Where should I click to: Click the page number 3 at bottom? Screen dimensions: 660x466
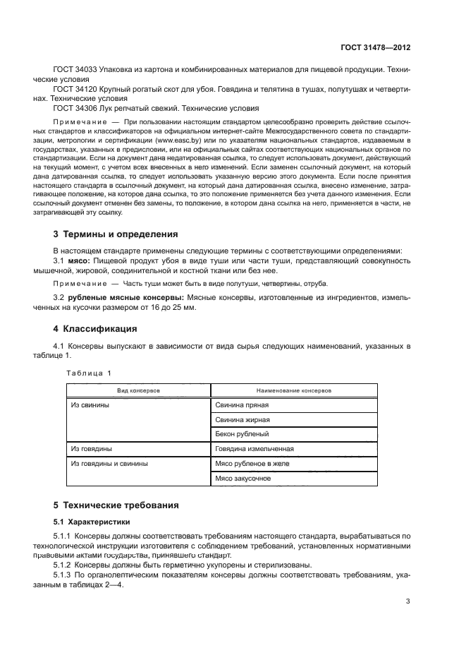point(407,601)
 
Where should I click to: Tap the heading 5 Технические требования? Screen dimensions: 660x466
point(116,505)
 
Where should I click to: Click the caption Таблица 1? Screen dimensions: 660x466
point(89,373)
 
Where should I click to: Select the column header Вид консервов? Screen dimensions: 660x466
point(138,390)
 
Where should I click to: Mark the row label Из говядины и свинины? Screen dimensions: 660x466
point(109,463)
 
